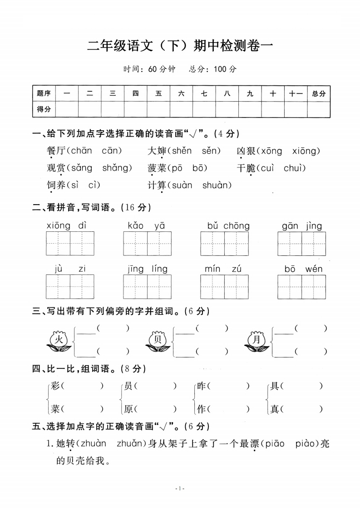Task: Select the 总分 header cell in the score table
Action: coord(319,93)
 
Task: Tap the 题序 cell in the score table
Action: coord(44,93)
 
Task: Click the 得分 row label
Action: coord(44,109)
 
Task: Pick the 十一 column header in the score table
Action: coord(296,93)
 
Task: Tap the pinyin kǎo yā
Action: coord(146,226)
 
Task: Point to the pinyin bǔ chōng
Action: coord(228,226)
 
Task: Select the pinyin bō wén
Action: coord(303,269)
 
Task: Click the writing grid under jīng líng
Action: coord(147,287)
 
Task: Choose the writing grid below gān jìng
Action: coord(302,244)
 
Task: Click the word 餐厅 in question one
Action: coord(56,151)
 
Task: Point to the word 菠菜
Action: coord(157,168)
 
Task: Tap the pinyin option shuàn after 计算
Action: coord(216,185)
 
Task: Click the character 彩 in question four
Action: coord(55,387)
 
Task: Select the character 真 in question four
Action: coord(274,409)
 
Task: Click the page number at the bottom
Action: coord(180,489)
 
